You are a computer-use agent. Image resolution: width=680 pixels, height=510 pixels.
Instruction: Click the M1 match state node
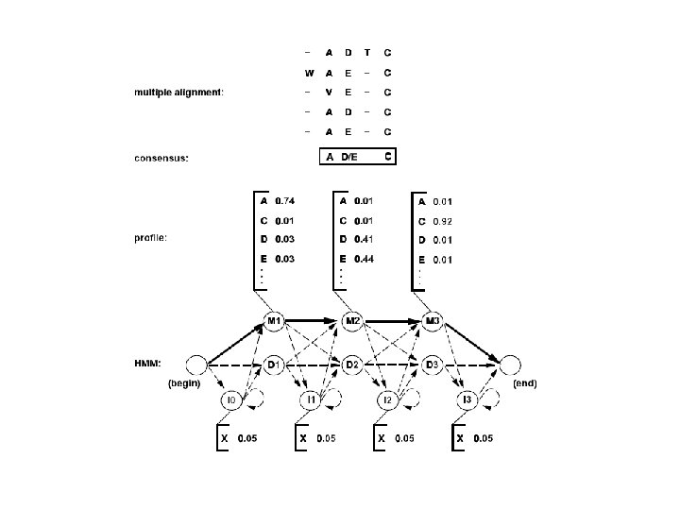pyautogui.click(x=274, y=321)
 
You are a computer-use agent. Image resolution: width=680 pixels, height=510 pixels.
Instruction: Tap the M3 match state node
pyautogui.click(x=433, y=321)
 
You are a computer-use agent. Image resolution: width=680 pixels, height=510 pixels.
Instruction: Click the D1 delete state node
pyautogui.click(x=274, y=364)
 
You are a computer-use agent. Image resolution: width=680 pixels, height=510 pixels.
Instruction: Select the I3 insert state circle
pyautogui.click(x=467, y=401)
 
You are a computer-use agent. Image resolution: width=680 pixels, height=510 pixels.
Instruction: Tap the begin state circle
pyautogui.click(x=196, y=364)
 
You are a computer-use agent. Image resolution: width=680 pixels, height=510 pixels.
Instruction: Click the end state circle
pyautogui.click(x=510, y=364)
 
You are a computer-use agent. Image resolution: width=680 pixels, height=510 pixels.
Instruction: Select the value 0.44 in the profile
pyautogui.click(x=364, y=259)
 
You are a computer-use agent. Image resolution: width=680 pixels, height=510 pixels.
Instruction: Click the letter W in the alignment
pyautogui.click(x=308, y=72)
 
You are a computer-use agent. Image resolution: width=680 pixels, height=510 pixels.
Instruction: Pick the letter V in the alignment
pyautogui.click(x=329, y=92)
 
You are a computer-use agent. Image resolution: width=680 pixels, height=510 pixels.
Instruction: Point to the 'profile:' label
pyautogui.click(x=150, y=237)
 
